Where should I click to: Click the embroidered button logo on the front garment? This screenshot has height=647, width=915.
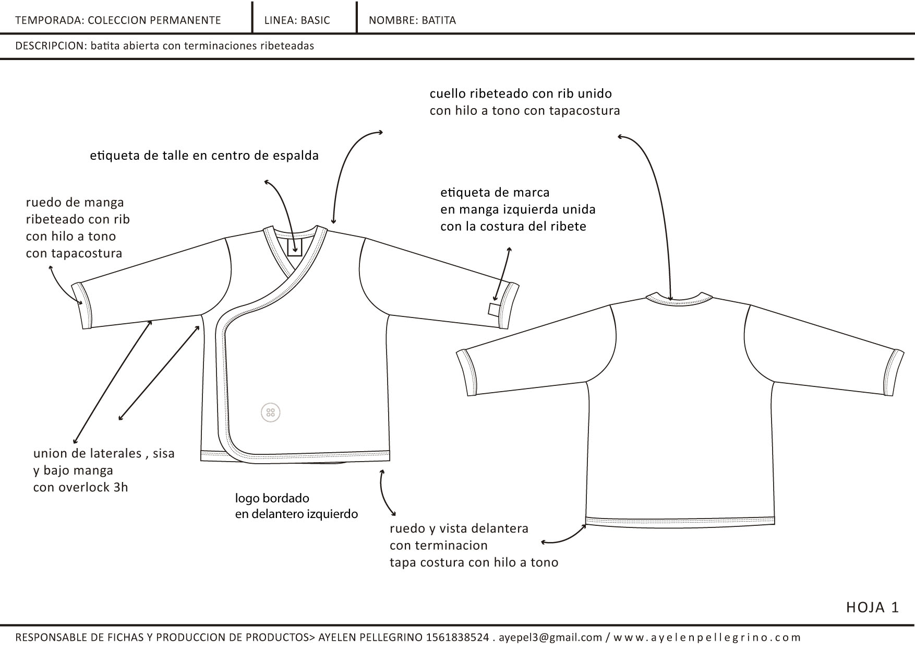pos(270,413)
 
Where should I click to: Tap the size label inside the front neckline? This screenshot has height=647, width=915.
pos(295,247)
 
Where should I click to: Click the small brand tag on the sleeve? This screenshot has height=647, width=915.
pos(493,309)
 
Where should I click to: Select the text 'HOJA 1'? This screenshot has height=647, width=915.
pos(873,607)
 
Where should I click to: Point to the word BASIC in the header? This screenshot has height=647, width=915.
pos(315,20)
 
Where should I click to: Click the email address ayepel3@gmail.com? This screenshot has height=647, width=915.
pos(550,638)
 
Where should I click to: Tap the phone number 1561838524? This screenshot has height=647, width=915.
pos(457,638)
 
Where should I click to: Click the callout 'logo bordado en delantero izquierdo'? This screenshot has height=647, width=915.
pos(296,506)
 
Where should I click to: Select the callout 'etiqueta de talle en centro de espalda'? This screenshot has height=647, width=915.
pos(204,156)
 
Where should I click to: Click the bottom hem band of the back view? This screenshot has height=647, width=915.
pos(680,521)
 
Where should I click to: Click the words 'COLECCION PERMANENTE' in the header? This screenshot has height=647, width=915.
pos(154,20)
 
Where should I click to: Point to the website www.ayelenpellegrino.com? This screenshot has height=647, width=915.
pos(707,638)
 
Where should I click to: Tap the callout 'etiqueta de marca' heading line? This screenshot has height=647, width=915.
pos(495,193)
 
